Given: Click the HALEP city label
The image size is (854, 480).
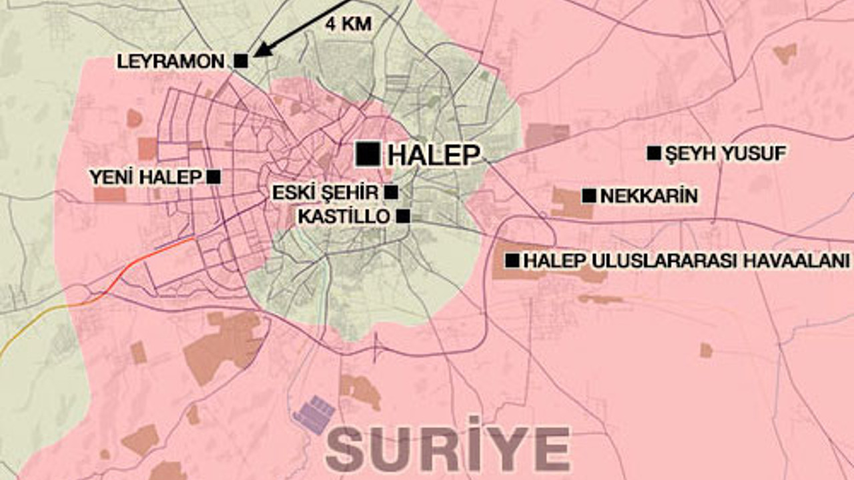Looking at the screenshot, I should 433,155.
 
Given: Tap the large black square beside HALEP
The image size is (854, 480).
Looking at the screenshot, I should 368,154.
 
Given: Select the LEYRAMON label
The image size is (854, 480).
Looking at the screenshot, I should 171,61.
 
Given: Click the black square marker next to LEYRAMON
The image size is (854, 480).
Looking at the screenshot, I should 241,61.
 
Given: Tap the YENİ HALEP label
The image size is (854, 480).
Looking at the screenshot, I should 145,177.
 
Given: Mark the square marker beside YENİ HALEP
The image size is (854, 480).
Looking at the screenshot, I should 213,177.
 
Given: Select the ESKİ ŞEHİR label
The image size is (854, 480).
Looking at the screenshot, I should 325,193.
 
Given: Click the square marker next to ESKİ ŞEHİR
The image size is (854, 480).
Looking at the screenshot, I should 392,193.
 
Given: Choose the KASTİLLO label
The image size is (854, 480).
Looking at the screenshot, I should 344,217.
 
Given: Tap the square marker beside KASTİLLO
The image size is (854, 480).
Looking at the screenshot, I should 403,216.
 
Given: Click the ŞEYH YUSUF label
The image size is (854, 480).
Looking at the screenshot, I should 726,154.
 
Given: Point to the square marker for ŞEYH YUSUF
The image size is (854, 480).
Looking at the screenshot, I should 654,153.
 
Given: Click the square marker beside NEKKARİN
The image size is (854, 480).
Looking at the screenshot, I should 588,196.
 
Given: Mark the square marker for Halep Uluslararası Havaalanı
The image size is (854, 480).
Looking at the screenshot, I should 512,261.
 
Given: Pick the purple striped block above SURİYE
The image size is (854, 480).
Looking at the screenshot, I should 314,415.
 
